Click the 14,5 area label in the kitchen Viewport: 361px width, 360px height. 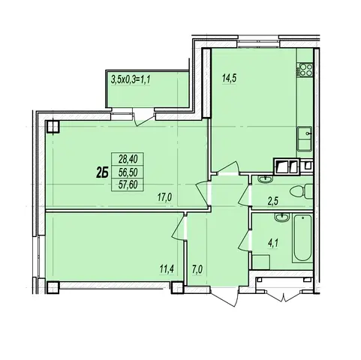(229, 79)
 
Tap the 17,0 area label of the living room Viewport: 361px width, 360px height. (164, 198)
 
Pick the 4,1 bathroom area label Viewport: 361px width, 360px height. (274, 242)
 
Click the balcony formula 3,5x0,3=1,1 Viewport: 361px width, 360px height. (131, 80)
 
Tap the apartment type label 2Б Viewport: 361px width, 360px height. (102, 173)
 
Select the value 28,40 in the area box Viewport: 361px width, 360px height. (128, 158)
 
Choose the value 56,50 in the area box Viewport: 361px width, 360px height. (128, 172)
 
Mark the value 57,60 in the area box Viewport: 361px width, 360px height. (128, 185)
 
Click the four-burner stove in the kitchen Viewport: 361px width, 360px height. (305, 70)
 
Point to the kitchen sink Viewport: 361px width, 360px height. (305, 139)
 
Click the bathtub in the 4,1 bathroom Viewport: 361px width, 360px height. (302, 238)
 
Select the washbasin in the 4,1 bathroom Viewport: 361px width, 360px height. (282, 217)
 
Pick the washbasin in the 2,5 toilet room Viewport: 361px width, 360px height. (266, 179)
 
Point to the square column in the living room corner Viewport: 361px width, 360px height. (53, 126)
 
